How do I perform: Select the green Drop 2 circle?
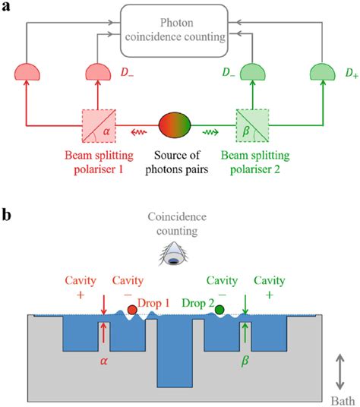[219, 309]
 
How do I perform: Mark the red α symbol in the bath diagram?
[103, 361]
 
